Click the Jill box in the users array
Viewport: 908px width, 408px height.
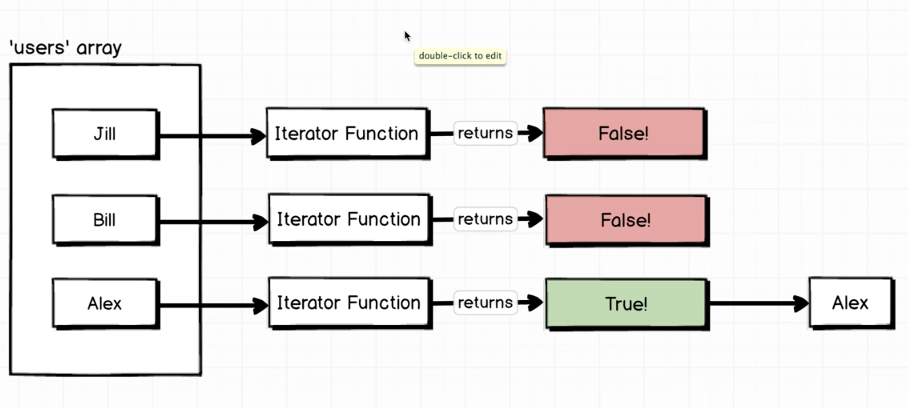click(x=105, y=134)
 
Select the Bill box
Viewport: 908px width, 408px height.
click(x=105, y=220)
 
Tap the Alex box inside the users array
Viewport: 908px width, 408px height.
click(x=105, y=304)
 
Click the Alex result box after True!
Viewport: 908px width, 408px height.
click(x=851, y=303)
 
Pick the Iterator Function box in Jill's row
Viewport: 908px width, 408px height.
click(x=347, y=133)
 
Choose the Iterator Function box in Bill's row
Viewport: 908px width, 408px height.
click(x=350, y=220)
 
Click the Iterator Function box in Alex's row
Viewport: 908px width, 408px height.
click(x=350, y=303)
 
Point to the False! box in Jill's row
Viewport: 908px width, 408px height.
click(x=624, y=133)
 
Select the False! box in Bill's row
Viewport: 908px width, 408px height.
click(x=627, y=220)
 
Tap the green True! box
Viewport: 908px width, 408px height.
click(x=627, y=304)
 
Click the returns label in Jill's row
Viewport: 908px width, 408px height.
click(x=485, y=133)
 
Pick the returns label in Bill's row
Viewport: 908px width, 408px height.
click(x=485, y=219)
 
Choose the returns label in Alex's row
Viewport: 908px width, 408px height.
click(x=485, y=303)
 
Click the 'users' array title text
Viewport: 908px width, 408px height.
click(x=66, y=48)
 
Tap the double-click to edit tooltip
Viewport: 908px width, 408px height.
click(x=460, y=56)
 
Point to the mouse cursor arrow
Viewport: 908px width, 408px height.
click(x=407, y=36)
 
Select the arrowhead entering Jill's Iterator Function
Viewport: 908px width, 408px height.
click(x=258, y=136)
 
